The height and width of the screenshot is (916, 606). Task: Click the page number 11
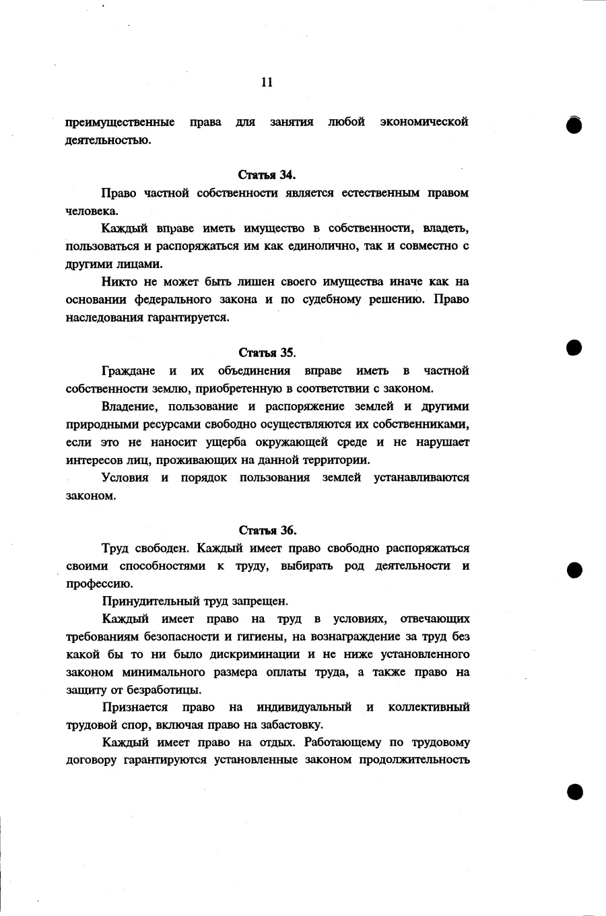click(267, 82)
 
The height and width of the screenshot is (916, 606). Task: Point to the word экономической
click(424, 123)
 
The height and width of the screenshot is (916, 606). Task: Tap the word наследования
click(101, 317)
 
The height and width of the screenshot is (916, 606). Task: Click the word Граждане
click(128, 370)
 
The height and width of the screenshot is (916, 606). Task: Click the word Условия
click(125, 478)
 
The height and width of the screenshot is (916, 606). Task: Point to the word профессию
click(94, 584)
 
